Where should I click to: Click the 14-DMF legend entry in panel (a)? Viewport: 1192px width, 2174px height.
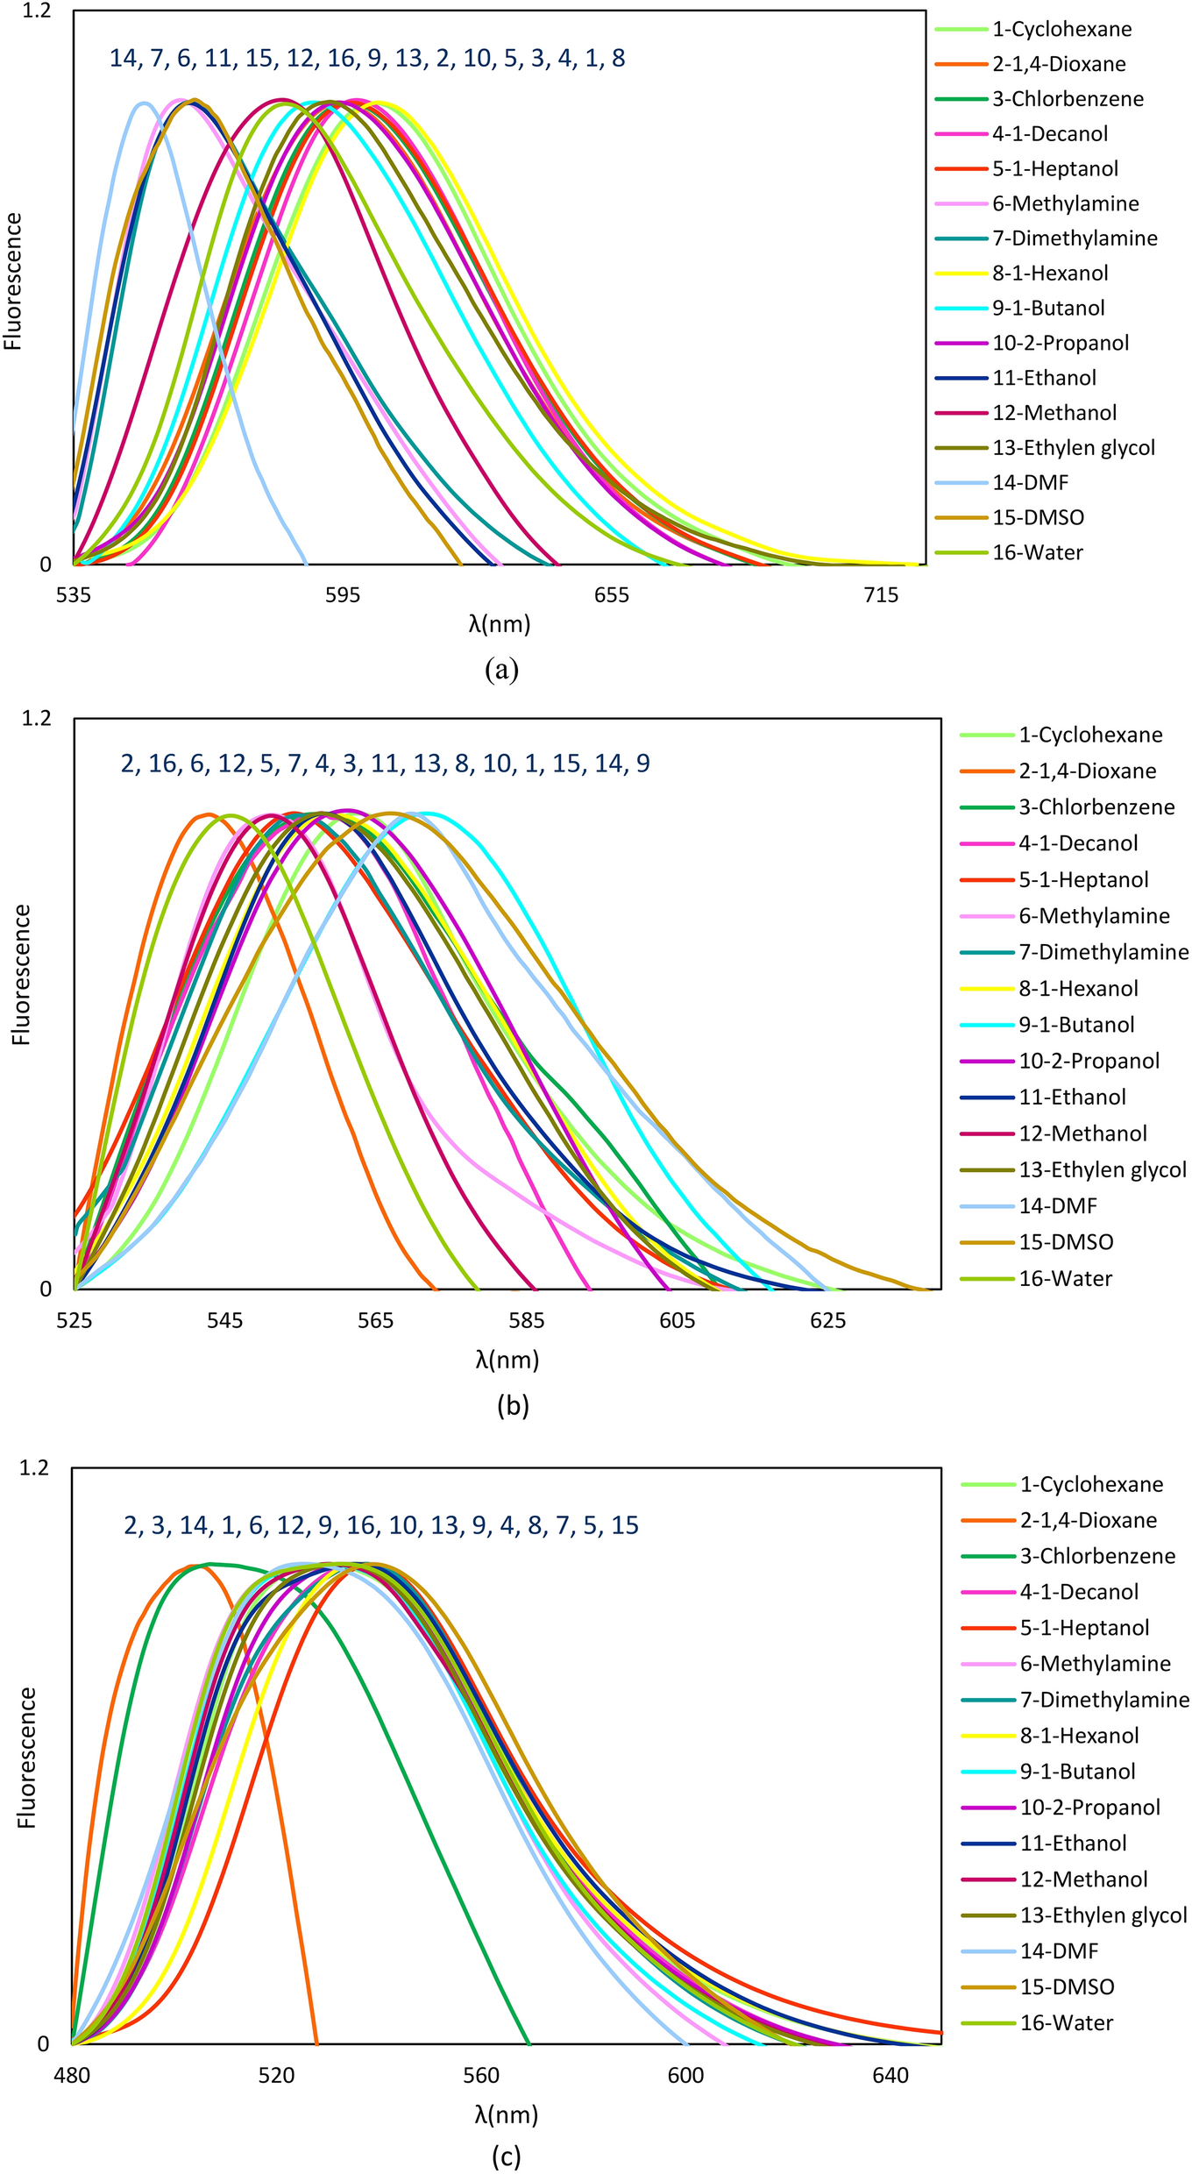click(1030, 482)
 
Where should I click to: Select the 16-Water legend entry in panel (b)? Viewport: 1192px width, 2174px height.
click(1065, 1278)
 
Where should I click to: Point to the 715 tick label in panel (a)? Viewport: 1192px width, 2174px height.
click(881, 595)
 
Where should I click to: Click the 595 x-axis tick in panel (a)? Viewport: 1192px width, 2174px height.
click(342, 595)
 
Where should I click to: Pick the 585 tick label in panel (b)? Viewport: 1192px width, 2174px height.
click(527, 1320)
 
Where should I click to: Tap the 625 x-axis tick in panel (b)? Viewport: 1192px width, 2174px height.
click(828, 1320)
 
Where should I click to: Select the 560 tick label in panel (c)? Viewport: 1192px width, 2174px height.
click(481, 2075)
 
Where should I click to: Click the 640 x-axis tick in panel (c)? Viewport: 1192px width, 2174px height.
click(890, 2075)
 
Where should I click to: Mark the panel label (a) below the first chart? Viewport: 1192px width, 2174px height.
click(501, 670)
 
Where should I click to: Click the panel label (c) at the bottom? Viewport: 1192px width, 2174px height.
click(506, 2156)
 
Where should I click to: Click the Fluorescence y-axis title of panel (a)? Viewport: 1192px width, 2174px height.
click(13, 281)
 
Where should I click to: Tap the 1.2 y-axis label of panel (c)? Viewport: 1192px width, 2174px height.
click(36, 1467)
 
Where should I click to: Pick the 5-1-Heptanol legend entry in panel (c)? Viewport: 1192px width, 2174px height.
click(1084, 1628)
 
